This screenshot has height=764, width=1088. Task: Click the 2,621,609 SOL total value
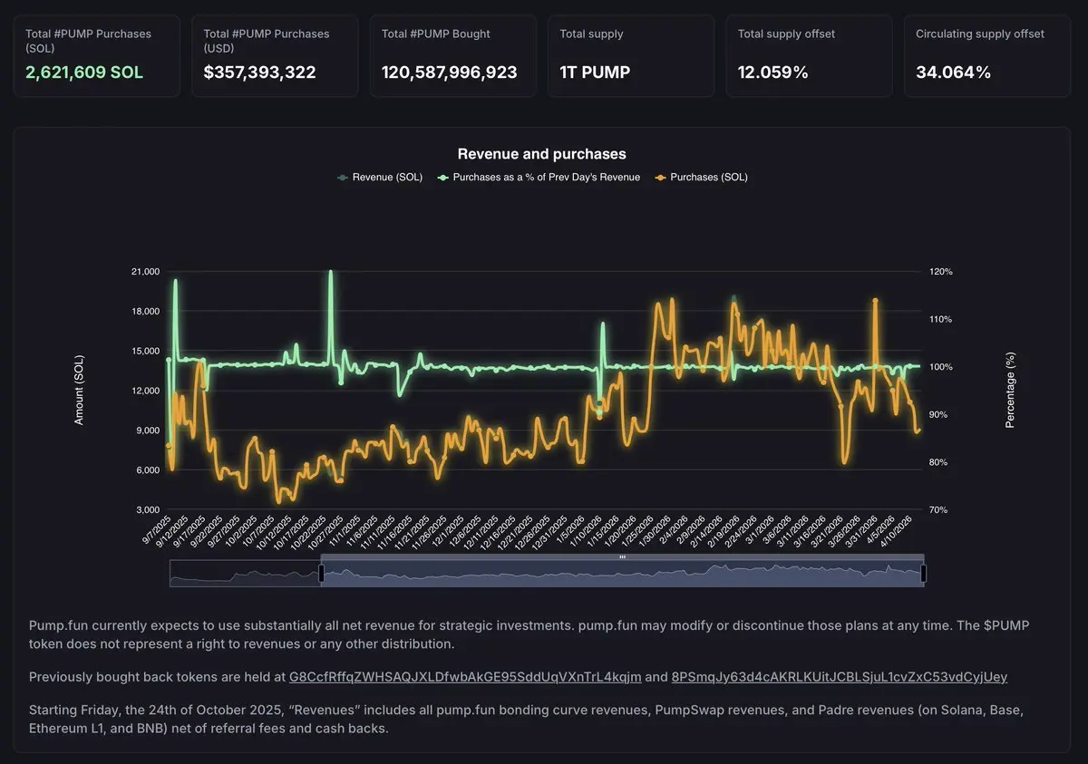(x=84, y=73)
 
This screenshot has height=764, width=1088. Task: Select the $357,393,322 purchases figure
(x=259, y=73)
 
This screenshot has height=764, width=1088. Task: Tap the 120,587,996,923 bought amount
(x=449, y=73)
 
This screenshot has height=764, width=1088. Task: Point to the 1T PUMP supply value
(x=594, y=73)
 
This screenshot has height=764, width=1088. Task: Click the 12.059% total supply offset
(x=772, y=73)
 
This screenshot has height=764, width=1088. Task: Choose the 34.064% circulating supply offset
(x=953, y=73)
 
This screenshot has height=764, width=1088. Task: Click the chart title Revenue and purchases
(x=541, y=154)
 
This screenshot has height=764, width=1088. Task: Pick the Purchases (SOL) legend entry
(x=708, y=178)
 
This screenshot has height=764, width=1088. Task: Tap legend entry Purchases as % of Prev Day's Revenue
(x=546, y=178)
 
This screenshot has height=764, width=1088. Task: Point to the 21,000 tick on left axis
(x=145, y=272)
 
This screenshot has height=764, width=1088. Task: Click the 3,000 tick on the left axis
(x=148, y=510)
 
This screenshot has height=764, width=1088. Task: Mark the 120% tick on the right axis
(x=940, y=272)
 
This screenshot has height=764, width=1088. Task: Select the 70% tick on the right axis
(x=938, y=510)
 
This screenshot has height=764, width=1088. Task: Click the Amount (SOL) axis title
(x=79, y=391)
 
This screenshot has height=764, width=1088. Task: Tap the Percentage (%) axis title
(x=1011, y=391)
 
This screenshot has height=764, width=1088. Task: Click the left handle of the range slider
(x=321, y=573)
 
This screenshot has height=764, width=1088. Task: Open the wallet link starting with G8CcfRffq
(x=465, y=677)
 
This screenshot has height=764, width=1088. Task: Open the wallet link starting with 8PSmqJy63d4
(x=840, y=677)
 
